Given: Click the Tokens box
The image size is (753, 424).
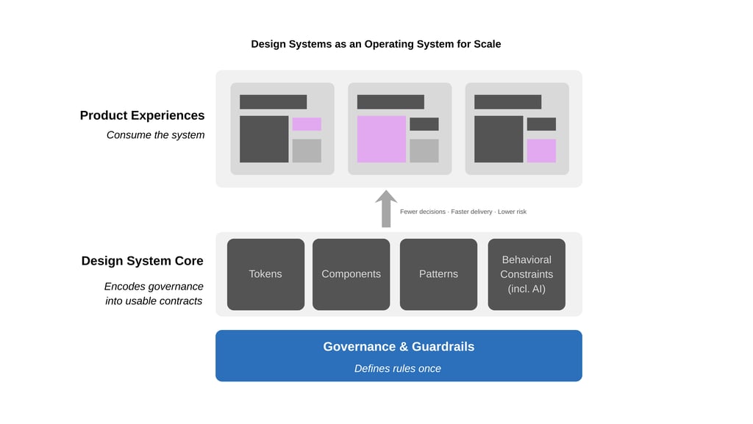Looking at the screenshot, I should (265, 274).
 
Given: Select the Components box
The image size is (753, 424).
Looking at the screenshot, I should (351, 274).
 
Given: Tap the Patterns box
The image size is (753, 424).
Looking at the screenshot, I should (438, 274).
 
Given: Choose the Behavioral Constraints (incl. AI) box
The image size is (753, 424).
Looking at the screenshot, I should (527, 274).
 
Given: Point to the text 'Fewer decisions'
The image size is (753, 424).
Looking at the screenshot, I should (423, 212).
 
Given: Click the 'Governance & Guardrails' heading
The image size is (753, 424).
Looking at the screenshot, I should (399, 347).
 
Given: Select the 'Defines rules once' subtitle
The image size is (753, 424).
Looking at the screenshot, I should (398, 368).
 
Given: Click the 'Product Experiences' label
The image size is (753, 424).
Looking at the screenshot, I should (142, 115).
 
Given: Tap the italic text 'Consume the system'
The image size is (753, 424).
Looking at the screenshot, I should (155, 134).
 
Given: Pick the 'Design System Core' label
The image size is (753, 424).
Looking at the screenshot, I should (142, 261).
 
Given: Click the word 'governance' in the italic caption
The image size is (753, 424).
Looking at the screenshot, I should (175, 287).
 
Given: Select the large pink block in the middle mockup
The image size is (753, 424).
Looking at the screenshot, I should (382, 139).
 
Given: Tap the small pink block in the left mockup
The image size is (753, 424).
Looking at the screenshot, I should (307, 124).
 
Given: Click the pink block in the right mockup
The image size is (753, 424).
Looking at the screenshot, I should (541, 151).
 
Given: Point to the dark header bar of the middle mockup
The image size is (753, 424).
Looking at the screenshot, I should (390, 102).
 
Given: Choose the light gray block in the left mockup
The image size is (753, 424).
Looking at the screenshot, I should (307, 151).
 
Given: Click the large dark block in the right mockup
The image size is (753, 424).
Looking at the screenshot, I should (499, 139).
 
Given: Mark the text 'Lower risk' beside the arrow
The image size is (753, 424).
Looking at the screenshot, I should (512, 212).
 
